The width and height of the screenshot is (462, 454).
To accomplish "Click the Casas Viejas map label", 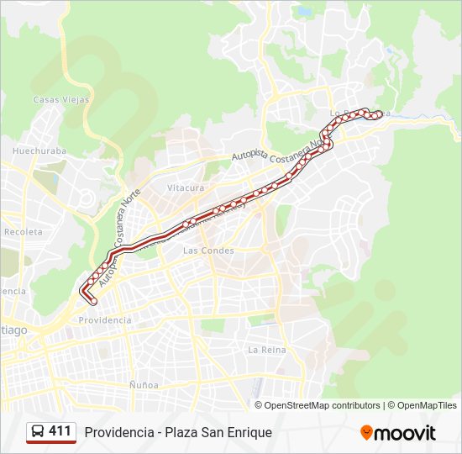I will click(56, 99).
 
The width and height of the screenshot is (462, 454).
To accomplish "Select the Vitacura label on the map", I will click(186, 187).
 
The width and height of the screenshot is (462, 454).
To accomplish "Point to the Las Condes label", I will click(208, 251).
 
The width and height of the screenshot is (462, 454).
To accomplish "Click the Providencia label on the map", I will click(105, 320).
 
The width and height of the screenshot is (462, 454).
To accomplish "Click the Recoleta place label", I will click(23, 231).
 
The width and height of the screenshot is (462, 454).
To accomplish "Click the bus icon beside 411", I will click(38, 432).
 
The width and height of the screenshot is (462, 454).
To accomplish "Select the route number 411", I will click(60, 431).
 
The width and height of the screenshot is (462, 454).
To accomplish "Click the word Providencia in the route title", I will click(117, 433).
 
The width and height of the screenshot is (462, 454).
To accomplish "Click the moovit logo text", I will click(405, 433).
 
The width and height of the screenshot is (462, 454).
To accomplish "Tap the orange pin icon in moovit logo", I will click(366, 433).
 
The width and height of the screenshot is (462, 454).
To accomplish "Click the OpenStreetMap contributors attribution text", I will click(323, 405).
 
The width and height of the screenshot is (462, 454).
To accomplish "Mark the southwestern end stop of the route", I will click(92, 301).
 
